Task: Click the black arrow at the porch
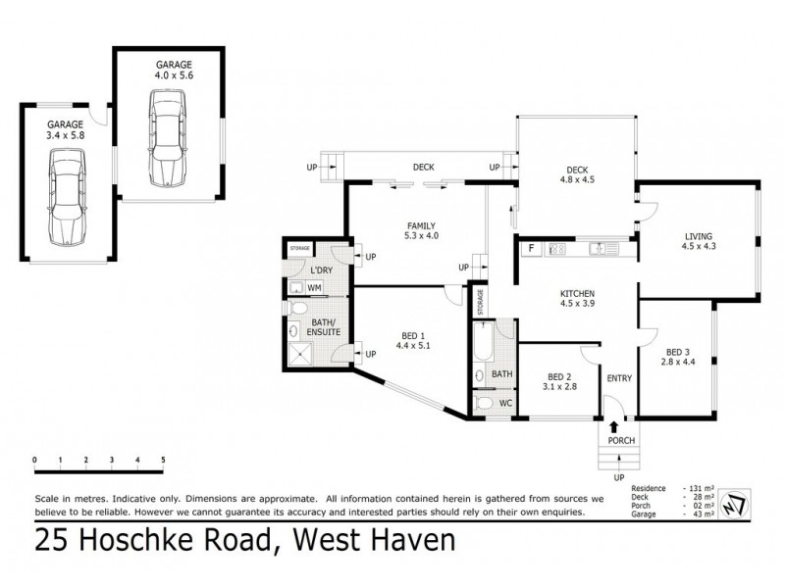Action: click(x=614, y=426)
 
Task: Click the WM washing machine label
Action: click(x=314, y=287)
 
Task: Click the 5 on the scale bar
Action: click(x=163, y=460)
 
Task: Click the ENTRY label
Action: click(x=619, y=378)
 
